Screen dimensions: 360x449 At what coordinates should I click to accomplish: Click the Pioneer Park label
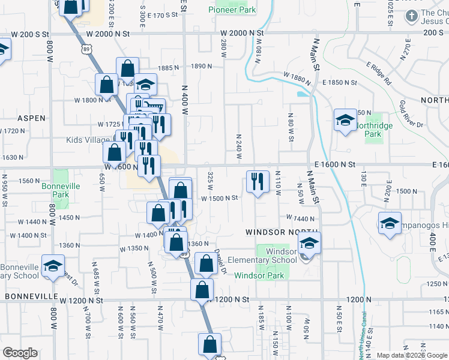click(232, 10)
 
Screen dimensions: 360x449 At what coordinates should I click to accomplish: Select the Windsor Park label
click(259, 275)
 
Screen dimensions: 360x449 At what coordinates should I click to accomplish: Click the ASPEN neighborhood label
click(31, 119)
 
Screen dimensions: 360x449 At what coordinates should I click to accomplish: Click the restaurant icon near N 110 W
click(258, 181)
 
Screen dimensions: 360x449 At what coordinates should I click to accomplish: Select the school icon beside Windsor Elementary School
click(310, 242)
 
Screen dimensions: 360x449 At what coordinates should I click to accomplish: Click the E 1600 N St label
click(334, 164)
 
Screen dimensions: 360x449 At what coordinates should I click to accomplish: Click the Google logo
click(20, 353)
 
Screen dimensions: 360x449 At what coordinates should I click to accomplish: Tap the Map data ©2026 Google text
click(411, 355)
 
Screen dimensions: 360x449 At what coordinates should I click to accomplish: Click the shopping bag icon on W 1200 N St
click(202, 290)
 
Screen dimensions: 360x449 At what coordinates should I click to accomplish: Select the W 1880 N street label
click(296, 78)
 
